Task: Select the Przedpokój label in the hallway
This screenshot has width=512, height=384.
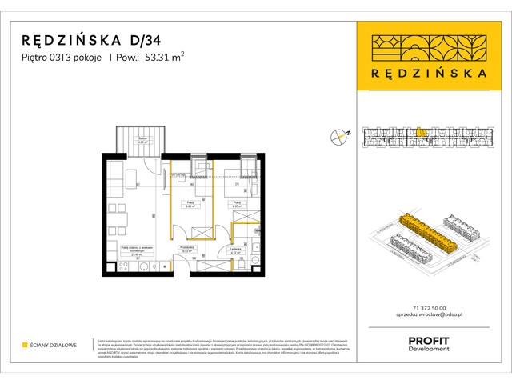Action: pyautogui.click(x=188, y=249)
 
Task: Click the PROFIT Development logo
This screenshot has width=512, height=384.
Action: pyautogui.click(x=428, y=342)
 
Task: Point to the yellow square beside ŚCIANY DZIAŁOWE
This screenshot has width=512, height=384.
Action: pyautogui.click(x=25, y=345)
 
